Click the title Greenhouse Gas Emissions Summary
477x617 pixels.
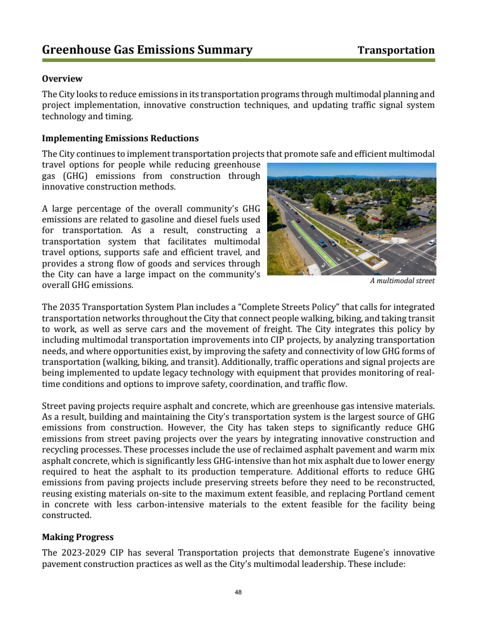[x=147, y=50]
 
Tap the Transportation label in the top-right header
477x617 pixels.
[x=396, y=50]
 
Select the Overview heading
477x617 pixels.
[x=62, y=79]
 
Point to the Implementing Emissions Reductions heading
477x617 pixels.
[x=120, y=138]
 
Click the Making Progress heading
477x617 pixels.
[x=78, y=537]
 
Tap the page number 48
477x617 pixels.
[x=238, y=593]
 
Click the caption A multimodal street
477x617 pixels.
[x=402, y=281]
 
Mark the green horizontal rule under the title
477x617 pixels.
[x=238, y=60]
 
